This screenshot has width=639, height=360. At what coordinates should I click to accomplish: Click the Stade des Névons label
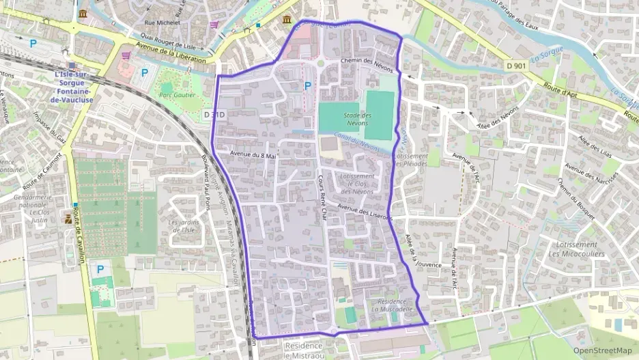pyautogui.click(x=357, y=119)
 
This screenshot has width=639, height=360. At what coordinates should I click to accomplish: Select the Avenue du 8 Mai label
pyautogui.click(x=253, y=155)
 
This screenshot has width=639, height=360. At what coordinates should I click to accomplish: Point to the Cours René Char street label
pyautogui.click(x=322, y=195)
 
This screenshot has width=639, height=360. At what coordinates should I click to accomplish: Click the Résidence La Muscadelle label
pyautogui.click(x=388, y=305)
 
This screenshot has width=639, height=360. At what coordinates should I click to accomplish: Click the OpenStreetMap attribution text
pyautogui.click(x=602, y=351)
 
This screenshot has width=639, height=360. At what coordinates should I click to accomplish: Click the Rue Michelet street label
pyautogui.click(x=162, y=23)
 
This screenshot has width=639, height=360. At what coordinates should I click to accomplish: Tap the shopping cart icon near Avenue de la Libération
pyautogui.click(x=126, y=55)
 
